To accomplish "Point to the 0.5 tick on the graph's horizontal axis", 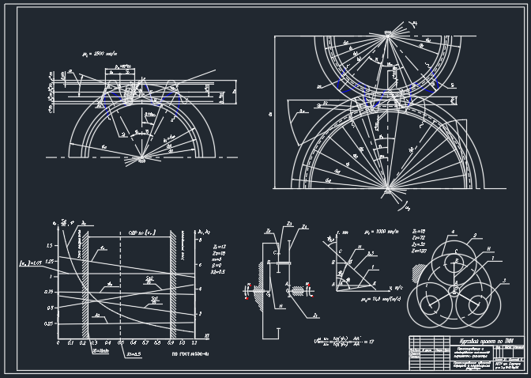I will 120,344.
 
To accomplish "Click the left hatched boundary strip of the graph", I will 85,285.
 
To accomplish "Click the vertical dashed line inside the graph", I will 120,285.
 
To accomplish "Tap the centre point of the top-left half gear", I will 142,159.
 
